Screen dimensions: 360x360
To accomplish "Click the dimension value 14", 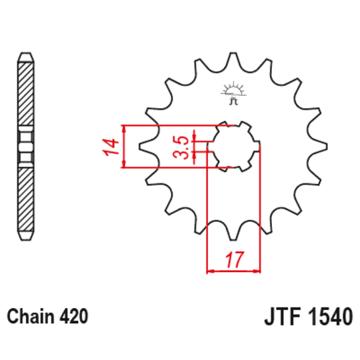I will pos(111,146).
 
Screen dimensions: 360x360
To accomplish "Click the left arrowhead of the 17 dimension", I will pos(211,271).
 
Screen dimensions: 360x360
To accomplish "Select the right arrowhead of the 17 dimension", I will pos(256,271).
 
